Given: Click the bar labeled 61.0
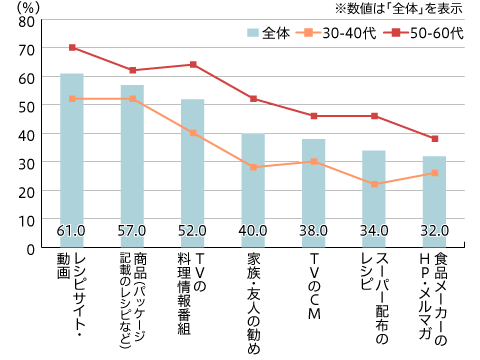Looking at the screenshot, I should (71, 160).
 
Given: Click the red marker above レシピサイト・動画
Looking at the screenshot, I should (71, 47).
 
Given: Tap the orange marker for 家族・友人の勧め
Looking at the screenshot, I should (253, 167).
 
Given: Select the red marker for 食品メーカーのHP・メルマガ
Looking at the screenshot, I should (434, 138).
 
